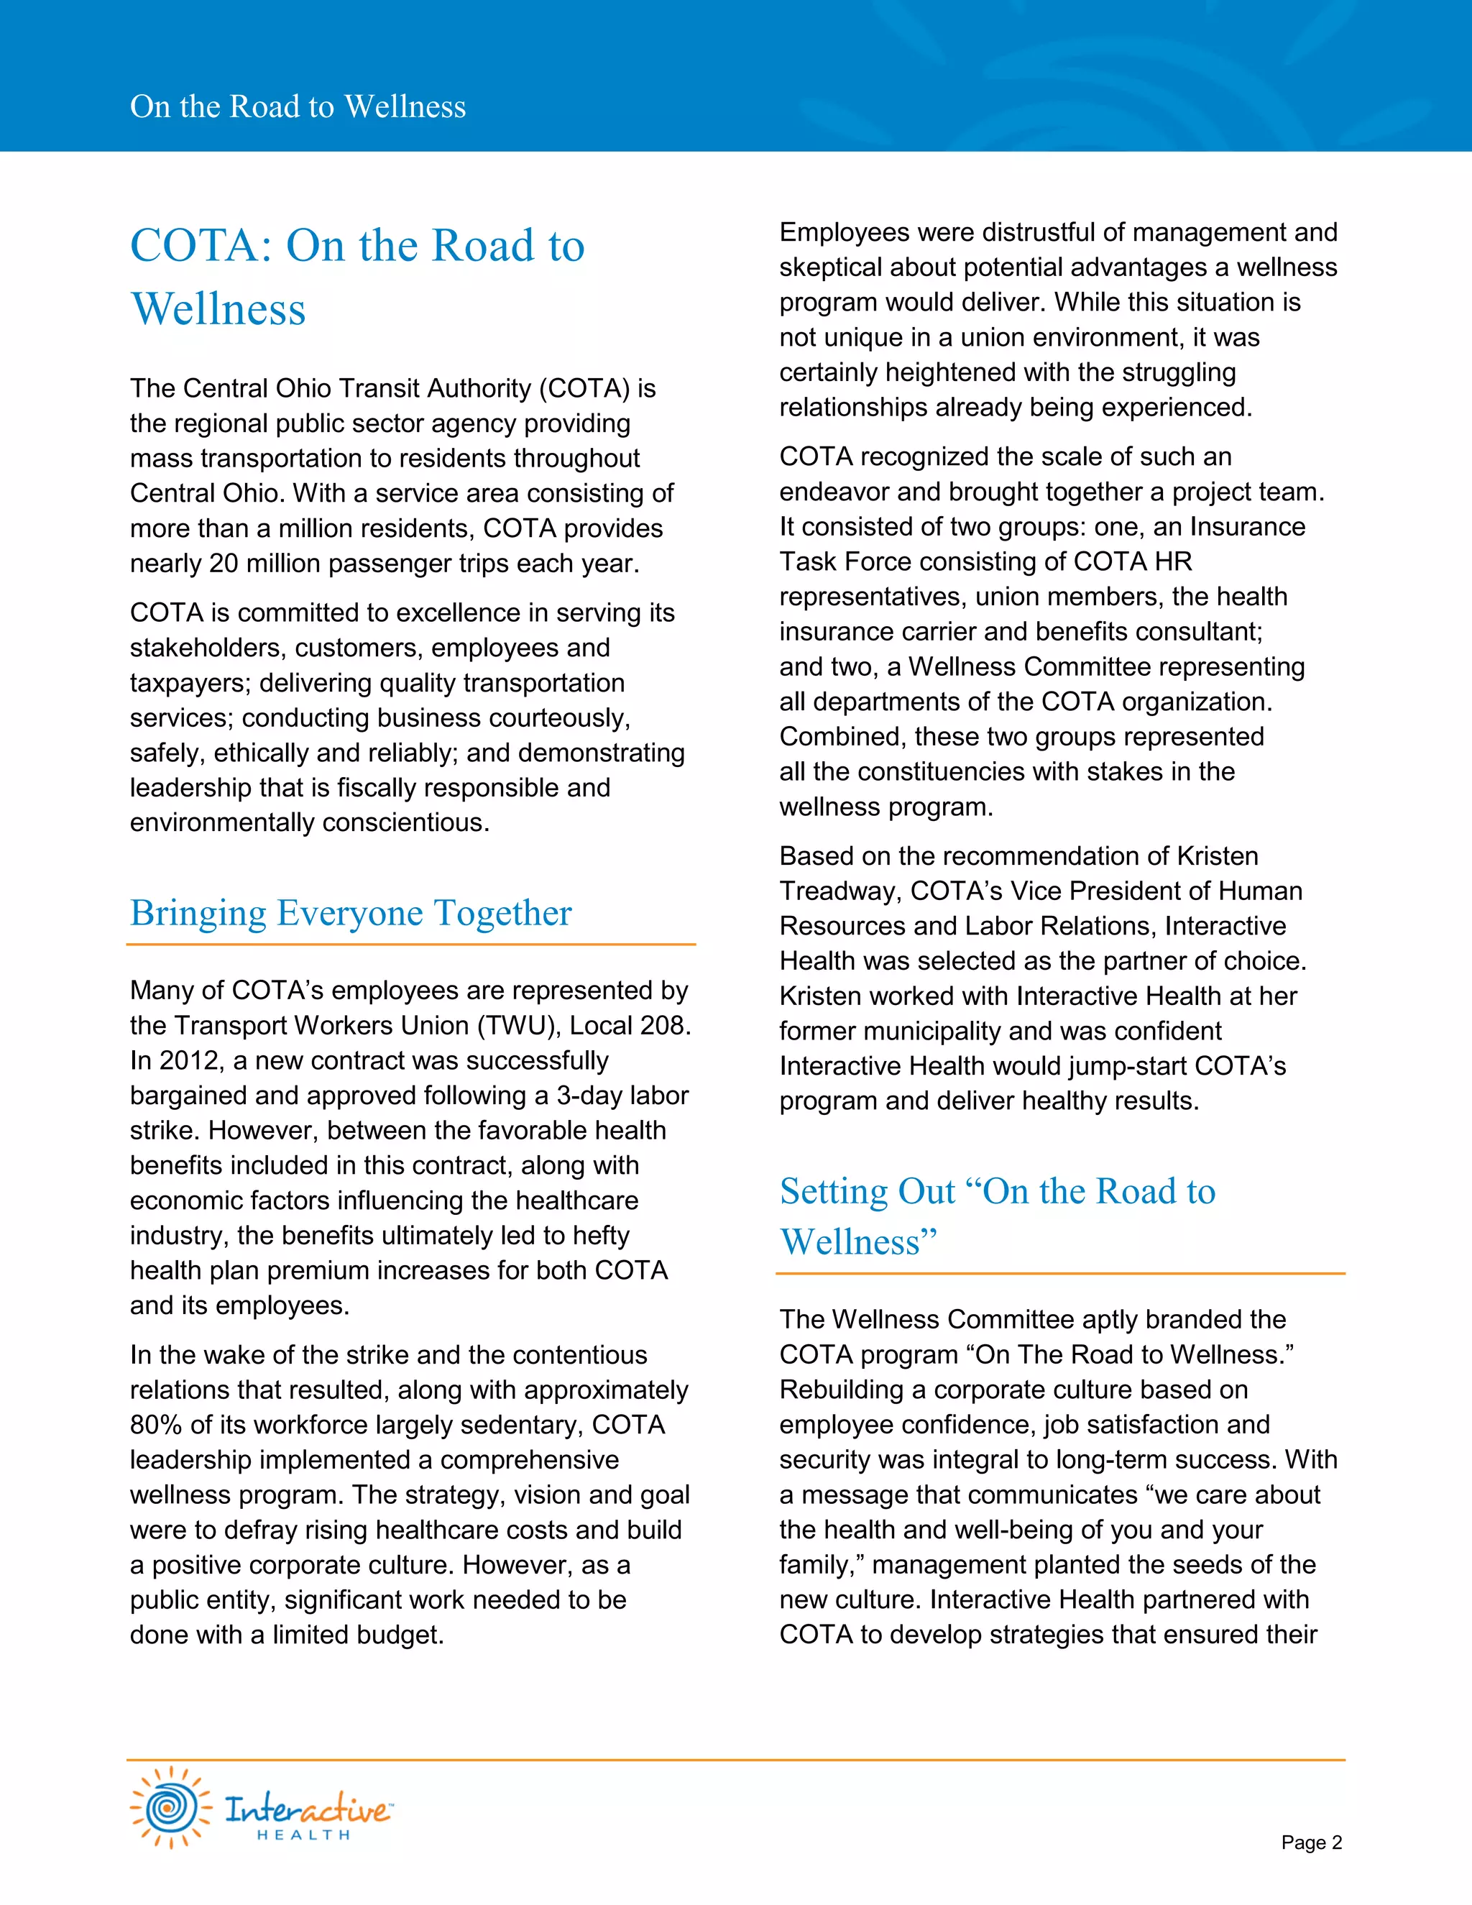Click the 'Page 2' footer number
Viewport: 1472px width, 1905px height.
(x=1311, y=1842)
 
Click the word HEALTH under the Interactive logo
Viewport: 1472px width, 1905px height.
(x=303, y=1835)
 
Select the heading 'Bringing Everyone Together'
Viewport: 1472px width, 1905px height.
(x=351, y=912)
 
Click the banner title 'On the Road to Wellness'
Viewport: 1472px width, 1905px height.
(x=298, y=106)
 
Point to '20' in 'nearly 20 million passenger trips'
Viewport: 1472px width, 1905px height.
(x=224, y=564)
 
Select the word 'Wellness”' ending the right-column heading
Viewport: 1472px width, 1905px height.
(x=858, y=1241)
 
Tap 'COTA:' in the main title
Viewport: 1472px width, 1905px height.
(x=201, y=245)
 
